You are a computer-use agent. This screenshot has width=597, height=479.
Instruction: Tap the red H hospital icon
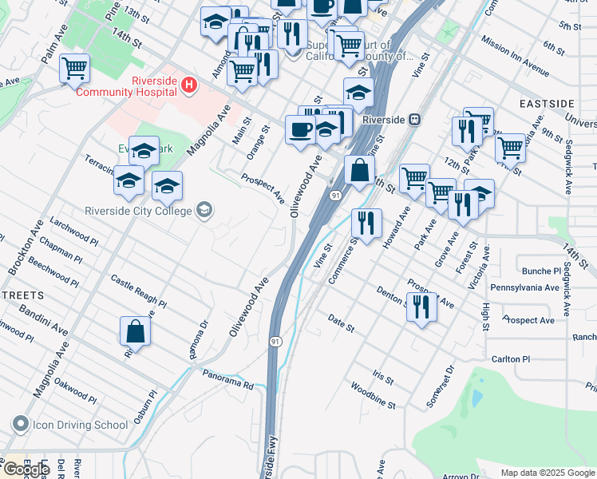pos(189,84)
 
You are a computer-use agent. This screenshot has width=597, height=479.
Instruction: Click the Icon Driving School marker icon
pos(20,424)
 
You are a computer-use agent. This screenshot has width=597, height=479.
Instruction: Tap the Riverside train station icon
pos(414,119)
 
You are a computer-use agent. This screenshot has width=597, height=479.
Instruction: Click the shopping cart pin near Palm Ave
pos(74,69)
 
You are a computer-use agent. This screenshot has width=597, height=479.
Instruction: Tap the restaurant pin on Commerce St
pos(366,224)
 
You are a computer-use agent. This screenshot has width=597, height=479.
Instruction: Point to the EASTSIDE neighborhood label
pos(547,105)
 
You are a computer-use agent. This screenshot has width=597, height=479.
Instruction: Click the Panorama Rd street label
pos(227,380)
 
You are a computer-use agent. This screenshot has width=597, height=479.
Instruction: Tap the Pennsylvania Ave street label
pos(524,287)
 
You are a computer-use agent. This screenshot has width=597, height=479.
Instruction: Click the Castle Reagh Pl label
pos(138,291)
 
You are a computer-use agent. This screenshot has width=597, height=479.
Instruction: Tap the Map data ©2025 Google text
pos(548,473)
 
